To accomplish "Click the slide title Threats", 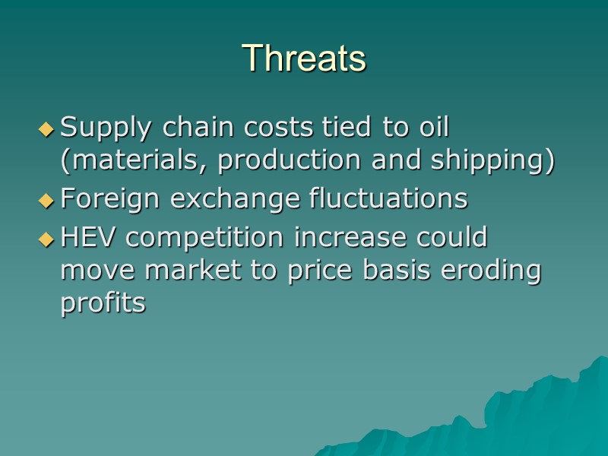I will (304, 58).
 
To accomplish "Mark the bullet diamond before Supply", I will (47, 130).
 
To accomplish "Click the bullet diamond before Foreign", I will (47, 201).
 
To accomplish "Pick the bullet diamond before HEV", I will (47, 239).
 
